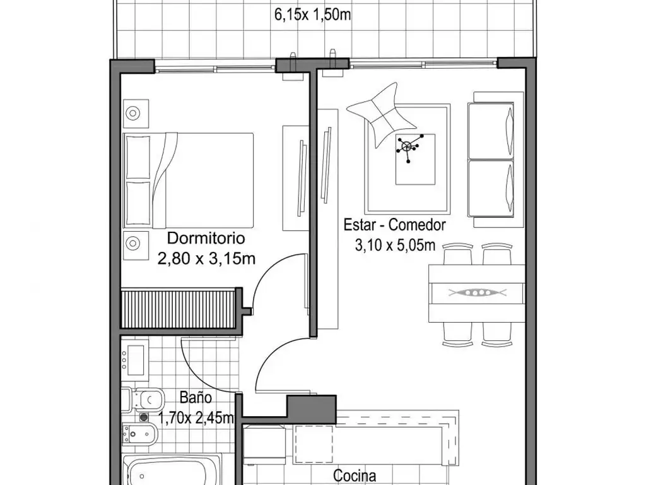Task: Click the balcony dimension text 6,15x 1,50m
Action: (x=312, y=15)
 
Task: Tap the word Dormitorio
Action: (x=206, y=239)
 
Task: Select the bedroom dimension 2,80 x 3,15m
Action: (x=206, y=258)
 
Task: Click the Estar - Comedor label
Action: (x=395, y=225)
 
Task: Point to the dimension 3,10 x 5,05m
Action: (x=396, y=245)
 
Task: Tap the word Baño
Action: (x=196, y=398)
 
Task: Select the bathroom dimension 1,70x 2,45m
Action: (x=196, y=417)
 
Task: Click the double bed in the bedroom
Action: (x=189, y=181)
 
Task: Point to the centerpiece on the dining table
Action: (x=476, y=292)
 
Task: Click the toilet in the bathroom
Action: (x=144, y=398)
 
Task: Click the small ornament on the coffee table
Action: (x=409, y=147)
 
